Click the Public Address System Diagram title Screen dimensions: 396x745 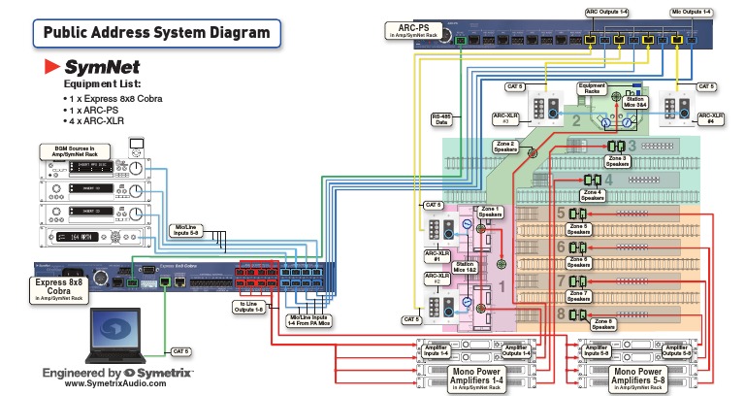coord(156,33)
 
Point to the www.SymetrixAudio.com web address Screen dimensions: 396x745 coord(118,383)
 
